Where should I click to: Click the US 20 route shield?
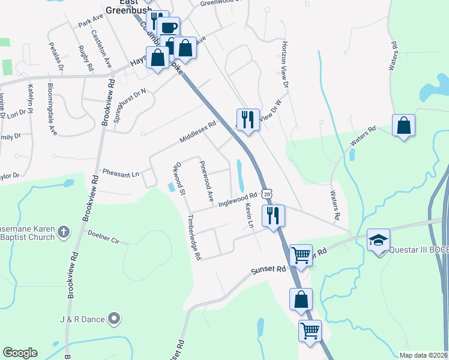268,194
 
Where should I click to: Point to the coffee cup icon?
169,27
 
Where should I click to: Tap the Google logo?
20,353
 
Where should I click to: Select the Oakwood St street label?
180,178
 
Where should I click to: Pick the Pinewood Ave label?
206,180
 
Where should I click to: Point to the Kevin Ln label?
249,215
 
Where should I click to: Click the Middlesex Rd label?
197,134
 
